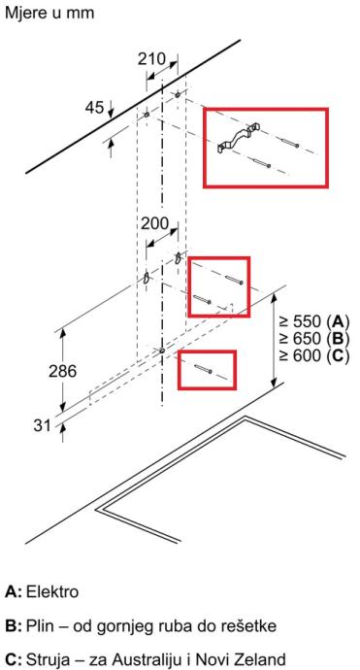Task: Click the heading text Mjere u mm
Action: pyautogui.click(x=49, y=13)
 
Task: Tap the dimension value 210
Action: pyautogui.click(x=151, y=59)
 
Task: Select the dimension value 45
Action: pyautogui.click(x=94, y=108)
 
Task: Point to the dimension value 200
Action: pyautogui.click(x=155, y=223)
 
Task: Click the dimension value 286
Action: pyautogui.click(x=62, y=371)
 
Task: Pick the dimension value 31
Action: pyautogui.click(x=43, y=425)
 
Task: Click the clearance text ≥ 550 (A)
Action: pyautogui.click(x=314, y=320)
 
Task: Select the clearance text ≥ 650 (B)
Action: pyautogui.click(x=314, y=338)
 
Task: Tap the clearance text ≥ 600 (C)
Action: pyautogui.click(x=314, y=355)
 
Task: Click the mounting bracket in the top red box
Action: pyautogui.click(x=238, y=138)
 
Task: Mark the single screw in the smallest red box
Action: pyautogui.click(x=203, y=368)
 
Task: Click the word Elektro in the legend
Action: pyautogui.click(x=52, y=591)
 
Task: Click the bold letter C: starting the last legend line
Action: pyautogui.click(x=14, y=658)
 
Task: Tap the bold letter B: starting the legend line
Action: pyautogui.click(x=14, y=626)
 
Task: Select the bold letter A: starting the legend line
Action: pyautogui.click(x=14, y=591)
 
